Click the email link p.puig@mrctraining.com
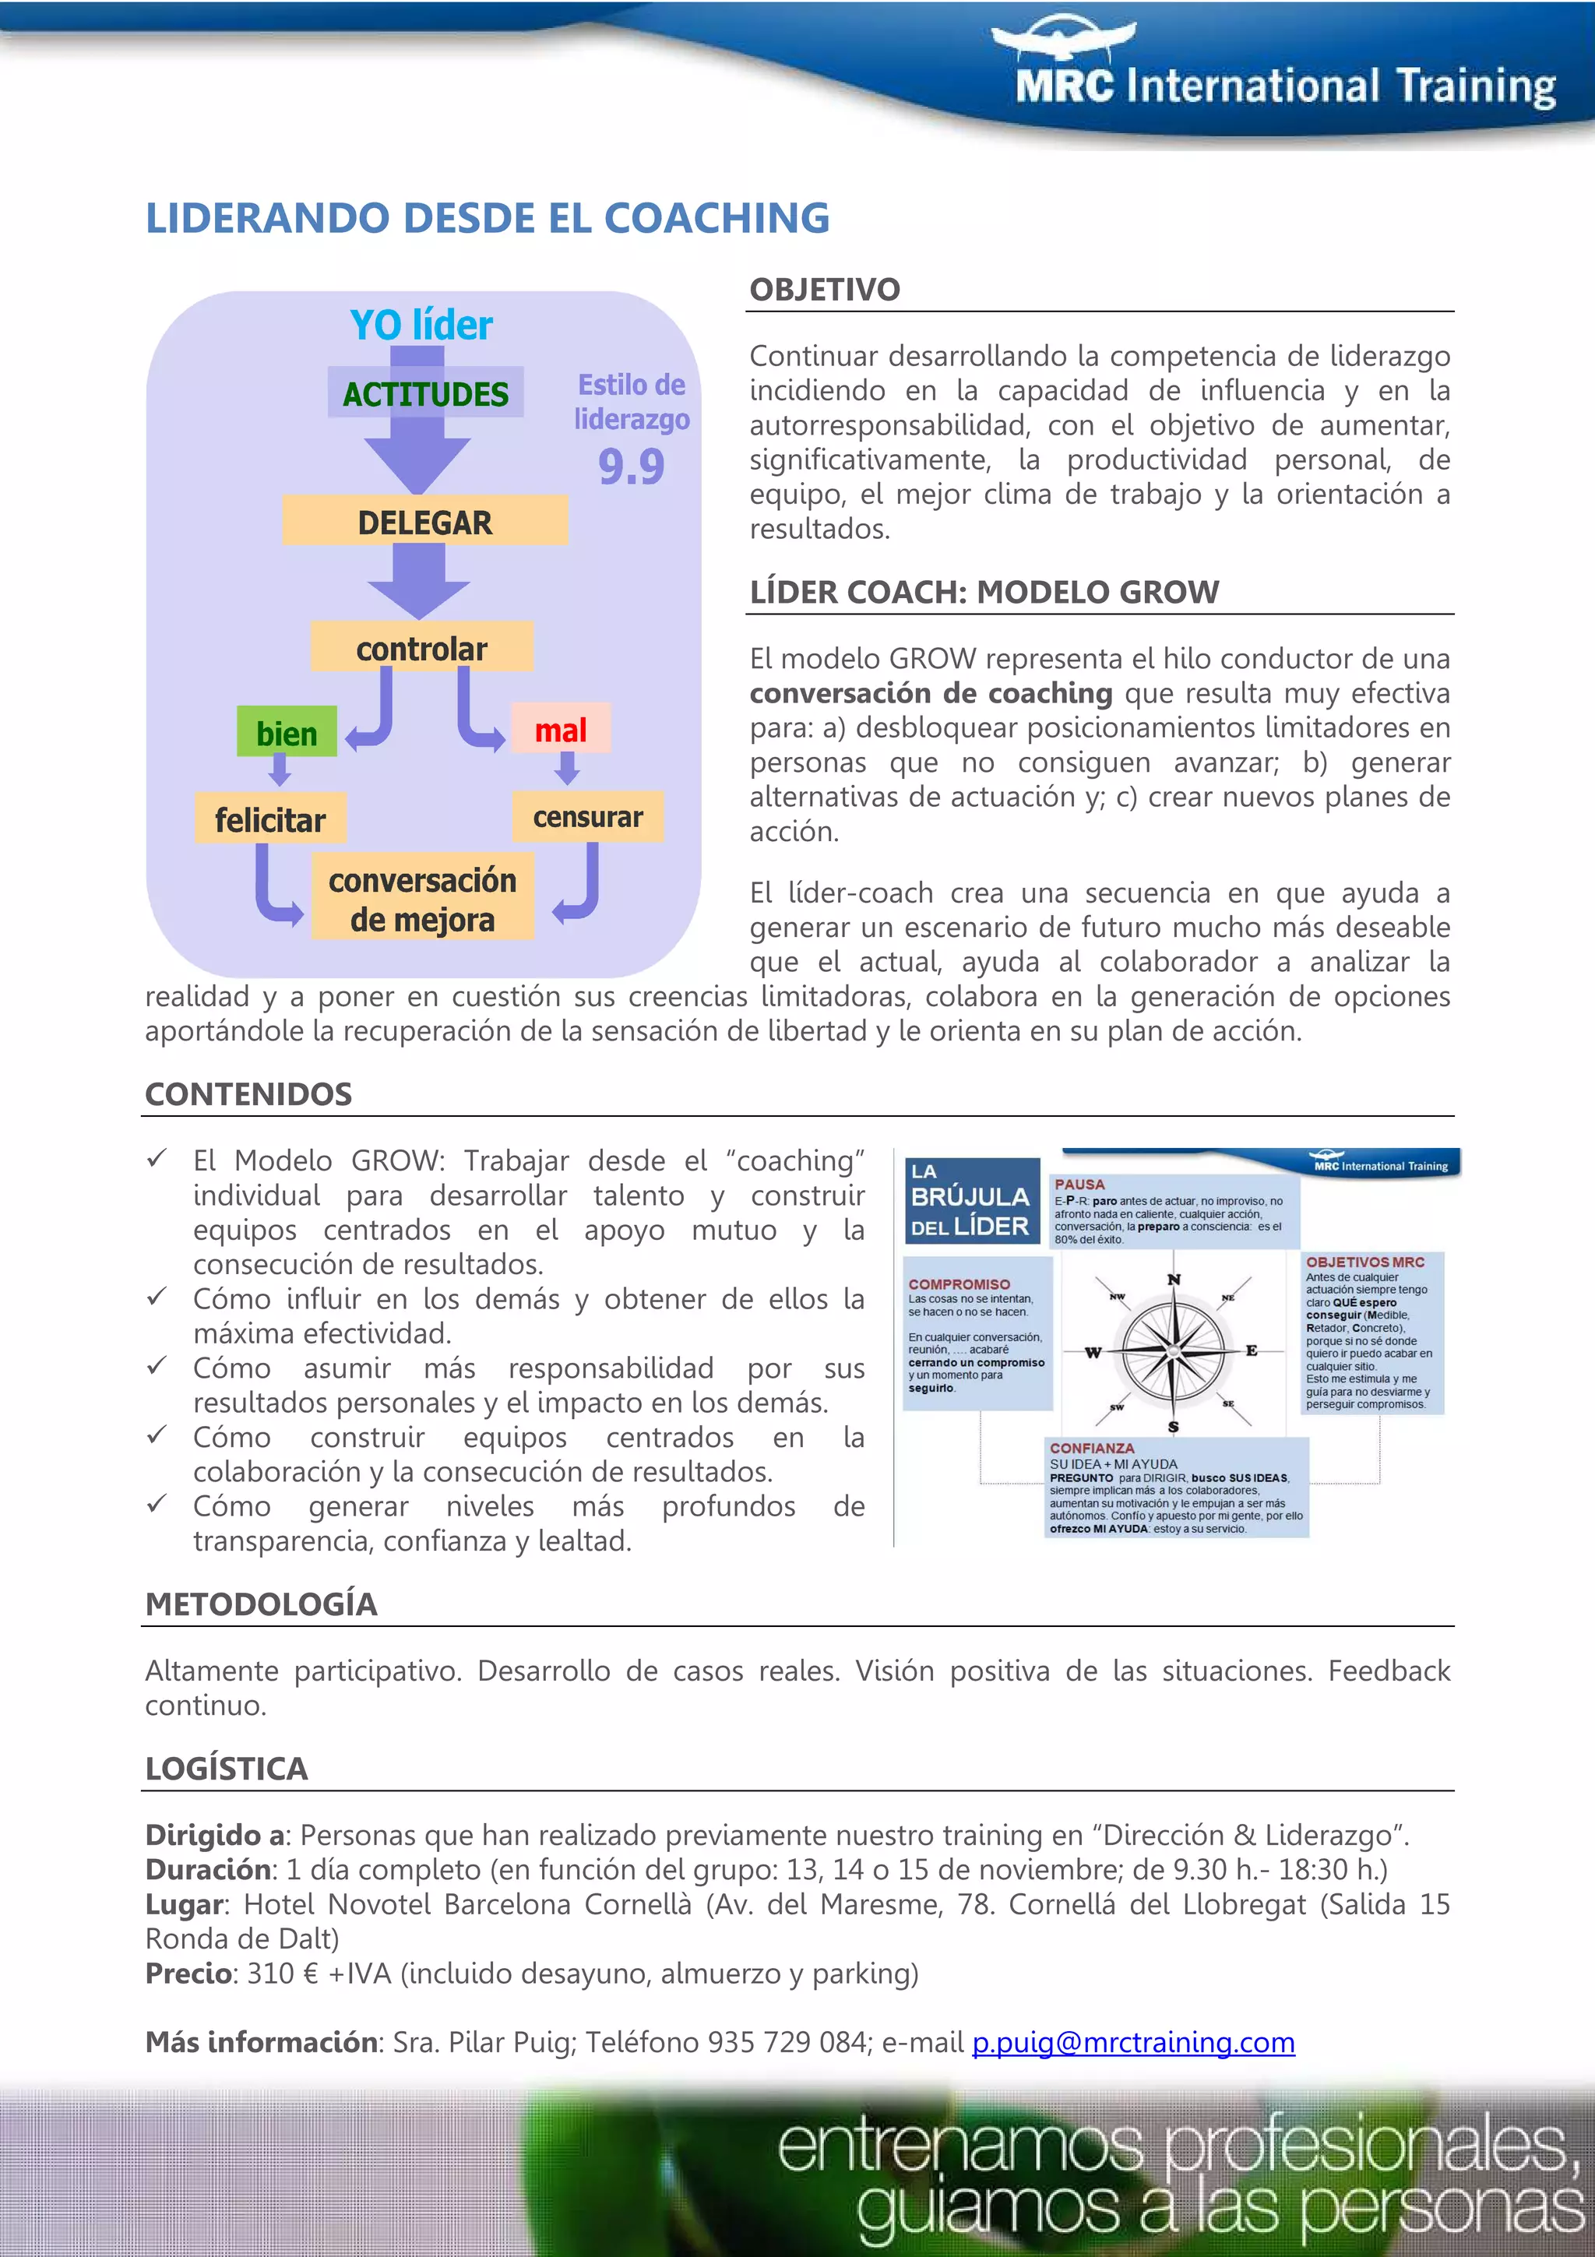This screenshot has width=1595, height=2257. pyautogui.click(x=1133, y=2042)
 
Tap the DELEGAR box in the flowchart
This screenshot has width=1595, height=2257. pyautogui.click(x=424, y=521)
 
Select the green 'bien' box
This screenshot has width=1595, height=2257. pyautogui.click(x=287, y=732)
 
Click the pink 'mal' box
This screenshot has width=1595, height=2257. pyautogui.click(x=560, y=730)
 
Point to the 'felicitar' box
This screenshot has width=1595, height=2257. pyautogui.click(x=270, y=819)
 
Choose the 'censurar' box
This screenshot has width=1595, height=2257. pyautogui.click(x=588, y=817)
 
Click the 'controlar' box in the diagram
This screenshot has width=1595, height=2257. pyautogui.click(x=421, y=648)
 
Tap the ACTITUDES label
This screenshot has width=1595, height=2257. pyautogui.click(x=425, y=393)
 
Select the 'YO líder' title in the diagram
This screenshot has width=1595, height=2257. pyautogui.click(x=421, y=326)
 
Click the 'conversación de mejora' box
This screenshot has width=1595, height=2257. pyautogui.click(x=423, y=899)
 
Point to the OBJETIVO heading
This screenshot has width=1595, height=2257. pyautogui.click(x=825, y=290)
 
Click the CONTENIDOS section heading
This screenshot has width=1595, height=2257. pyautogui.click(x=248, y=1094)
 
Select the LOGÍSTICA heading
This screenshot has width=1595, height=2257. pyautogui.click(x=227, y=1769)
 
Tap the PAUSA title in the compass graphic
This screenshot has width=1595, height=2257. pyautogui.click(x=1079, y=1185)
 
